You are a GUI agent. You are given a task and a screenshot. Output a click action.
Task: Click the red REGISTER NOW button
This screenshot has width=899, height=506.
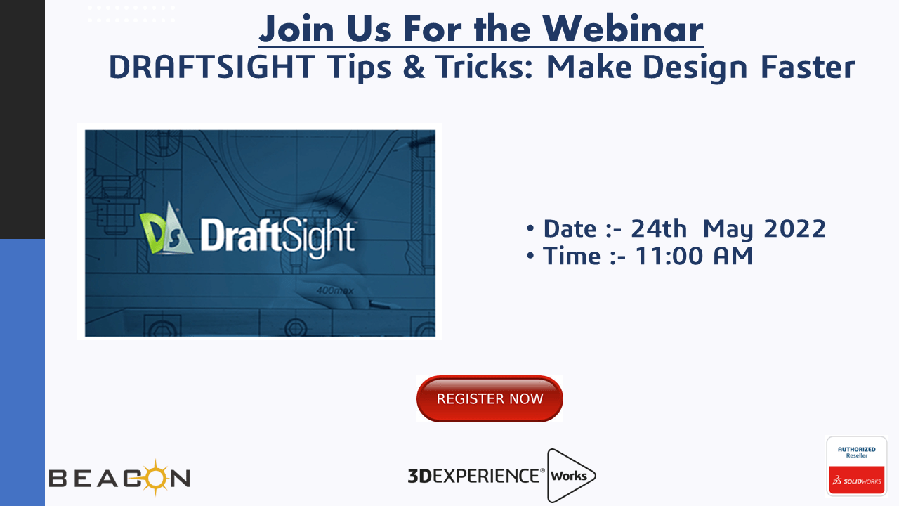pos(490,398)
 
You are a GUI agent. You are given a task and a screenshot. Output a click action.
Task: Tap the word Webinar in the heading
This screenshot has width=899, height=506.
pos(623,29)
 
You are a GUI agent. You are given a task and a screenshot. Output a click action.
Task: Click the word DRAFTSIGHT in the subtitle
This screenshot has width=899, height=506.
pos(212,67)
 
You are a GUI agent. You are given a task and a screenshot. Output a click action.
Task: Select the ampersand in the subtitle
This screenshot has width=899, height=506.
pos(414,67)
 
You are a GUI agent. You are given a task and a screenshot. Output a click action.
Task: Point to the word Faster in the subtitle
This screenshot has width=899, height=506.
pos(808,67)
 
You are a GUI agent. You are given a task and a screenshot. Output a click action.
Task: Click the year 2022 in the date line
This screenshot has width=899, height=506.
pos(794,228)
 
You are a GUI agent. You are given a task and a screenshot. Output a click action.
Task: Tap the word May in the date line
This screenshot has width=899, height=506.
pos(728,230)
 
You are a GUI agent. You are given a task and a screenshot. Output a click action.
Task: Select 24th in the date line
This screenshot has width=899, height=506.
pos(659,228)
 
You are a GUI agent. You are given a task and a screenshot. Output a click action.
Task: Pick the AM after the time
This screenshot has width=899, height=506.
pos(733,256)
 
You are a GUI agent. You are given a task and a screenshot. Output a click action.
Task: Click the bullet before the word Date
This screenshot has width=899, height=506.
pos(530,228)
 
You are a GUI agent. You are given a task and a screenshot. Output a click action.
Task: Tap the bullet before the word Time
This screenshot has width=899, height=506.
pos(530,255)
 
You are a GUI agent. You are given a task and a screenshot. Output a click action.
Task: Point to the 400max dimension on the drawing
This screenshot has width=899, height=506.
pos(335,290)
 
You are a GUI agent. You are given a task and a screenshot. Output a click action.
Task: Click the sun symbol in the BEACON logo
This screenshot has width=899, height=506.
pos(155,477)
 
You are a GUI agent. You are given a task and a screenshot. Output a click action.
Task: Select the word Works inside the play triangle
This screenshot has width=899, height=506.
pos(569,476)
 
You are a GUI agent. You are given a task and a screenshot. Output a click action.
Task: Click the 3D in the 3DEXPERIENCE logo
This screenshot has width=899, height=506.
pos(419,476)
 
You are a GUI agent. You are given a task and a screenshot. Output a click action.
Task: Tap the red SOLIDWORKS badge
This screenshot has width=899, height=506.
pos(857,480)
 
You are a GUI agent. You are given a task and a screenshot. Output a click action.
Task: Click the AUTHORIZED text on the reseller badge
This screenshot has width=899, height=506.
pos(857,449)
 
